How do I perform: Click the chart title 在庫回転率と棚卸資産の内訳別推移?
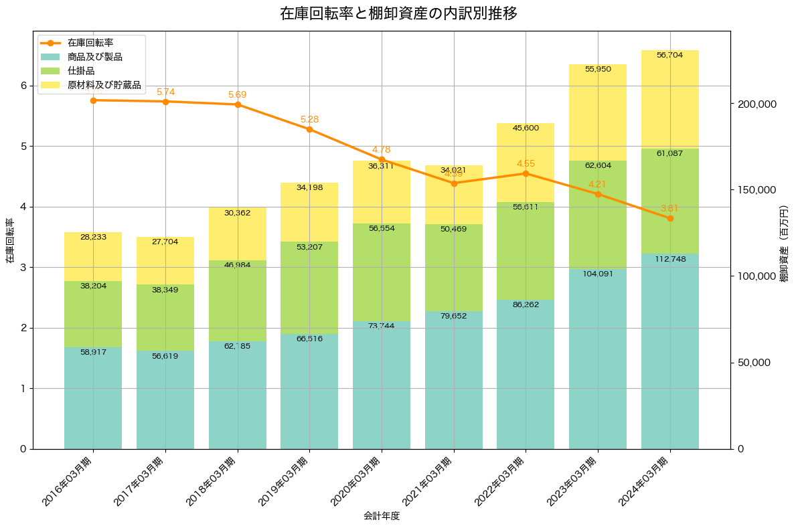coord(398,13)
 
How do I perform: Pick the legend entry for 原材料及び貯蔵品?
coord(104,85)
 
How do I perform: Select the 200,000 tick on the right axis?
coord(756,104)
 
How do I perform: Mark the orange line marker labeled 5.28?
coord(309,129)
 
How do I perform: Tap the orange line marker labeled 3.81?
coord(670,218)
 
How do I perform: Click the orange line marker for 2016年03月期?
coord(93,100)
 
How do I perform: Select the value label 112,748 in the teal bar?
coord(670,260)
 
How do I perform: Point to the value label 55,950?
coord(598,69)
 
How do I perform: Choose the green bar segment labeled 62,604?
coord(598,214)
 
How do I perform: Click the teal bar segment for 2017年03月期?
coord(165,402)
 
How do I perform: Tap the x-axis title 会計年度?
coord(382,516)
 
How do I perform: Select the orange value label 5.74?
coord(165,92)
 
